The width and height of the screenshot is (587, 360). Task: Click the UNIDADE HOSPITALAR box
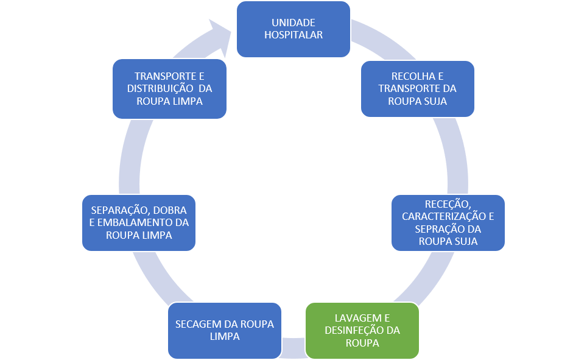tap(293, 29)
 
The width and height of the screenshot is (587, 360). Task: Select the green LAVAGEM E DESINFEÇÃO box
tap(362, 331)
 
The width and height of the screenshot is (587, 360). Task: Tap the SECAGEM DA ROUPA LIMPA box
tap(225, 331)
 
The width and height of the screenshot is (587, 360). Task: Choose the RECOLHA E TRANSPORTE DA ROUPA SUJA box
tap(417, 88)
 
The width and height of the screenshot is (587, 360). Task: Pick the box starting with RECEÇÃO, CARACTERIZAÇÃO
tap(448, 222)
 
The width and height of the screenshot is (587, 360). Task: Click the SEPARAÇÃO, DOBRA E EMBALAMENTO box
tap(139, 222)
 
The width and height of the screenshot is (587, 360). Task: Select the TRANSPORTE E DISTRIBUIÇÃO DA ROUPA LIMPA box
tap(170, 88)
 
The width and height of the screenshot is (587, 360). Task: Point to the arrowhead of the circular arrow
tap(220, 35)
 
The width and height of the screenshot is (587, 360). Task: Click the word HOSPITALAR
tap(293, 35)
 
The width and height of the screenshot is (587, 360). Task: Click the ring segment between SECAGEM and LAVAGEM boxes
tap(293, 348)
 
